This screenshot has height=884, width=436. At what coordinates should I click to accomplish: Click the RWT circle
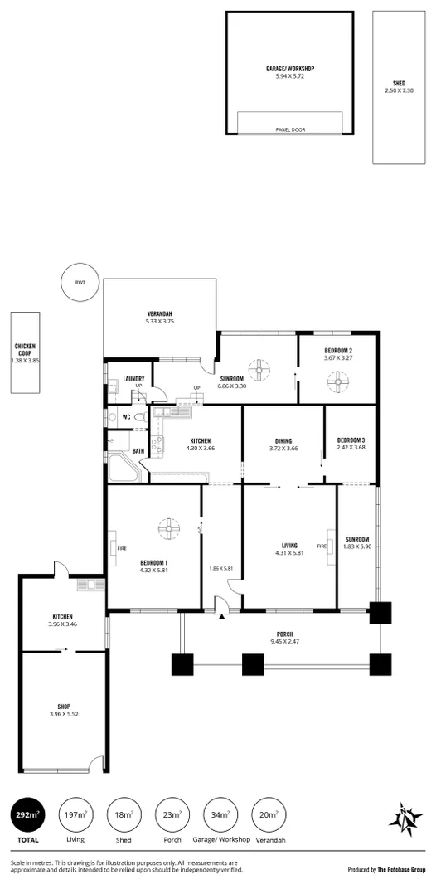pos(80,283)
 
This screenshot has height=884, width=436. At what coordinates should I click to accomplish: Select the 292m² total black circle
pos(28,815)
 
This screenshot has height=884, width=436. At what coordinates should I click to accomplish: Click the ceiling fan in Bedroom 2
pos(337,381)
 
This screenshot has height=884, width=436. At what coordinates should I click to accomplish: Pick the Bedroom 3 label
pos(351,440)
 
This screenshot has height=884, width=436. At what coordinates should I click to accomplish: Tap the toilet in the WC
pos(140,417)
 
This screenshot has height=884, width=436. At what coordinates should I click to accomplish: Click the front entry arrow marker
pos(221,616)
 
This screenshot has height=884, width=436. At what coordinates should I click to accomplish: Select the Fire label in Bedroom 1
pos(111,548)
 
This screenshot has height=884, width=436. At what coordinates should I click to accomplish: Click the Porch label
pos(284,634)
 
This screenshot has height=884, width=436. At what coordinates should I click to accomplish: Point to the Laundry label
pos(133,379)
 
